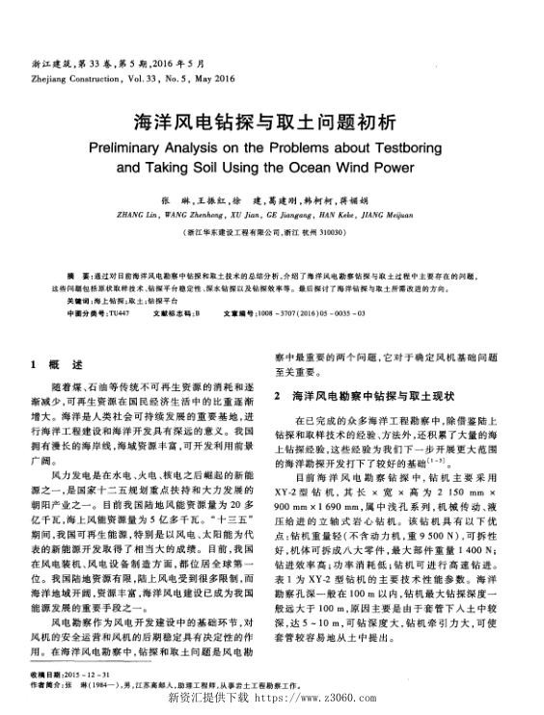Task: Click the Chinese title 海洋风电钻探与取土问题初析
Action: [x=272, y=124]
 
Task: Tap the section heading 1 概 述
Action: [x=57, y=365]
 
